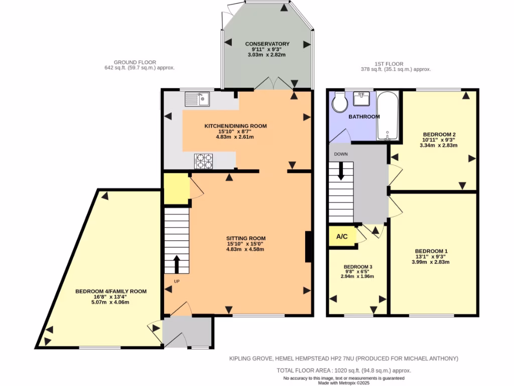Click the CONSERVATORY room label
pyautogui.click(x=268, y=44)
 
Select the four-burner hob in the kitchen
pyautogui.click(x=204, y=161)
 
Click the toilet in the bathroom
pyautogui.click(x=339, y=104)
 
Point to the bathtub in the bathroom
pyautogui.click(x=387, y=116)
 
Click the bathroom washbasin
pyautogui.click(x=361, y=99)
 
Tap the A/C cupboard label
pyautogui.click(x=342, y=236)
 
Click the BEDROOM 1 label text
pyautogui.click(x=431, y=251)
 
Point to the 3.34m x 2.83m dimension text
pyautogui.click(x=438, y=145)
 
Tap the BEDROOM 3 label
pyautogui.click(x=357, y=267)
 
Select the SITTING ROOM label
pyautogui.click(x=245, y=238)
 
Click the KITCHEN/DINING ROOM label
pyautogui.click(x=235, y=126)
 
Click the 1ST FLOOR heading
pyautogui.click(x=389, y=64)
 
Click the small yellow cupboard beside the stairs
pyautogui.click(x=176, y=188)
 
